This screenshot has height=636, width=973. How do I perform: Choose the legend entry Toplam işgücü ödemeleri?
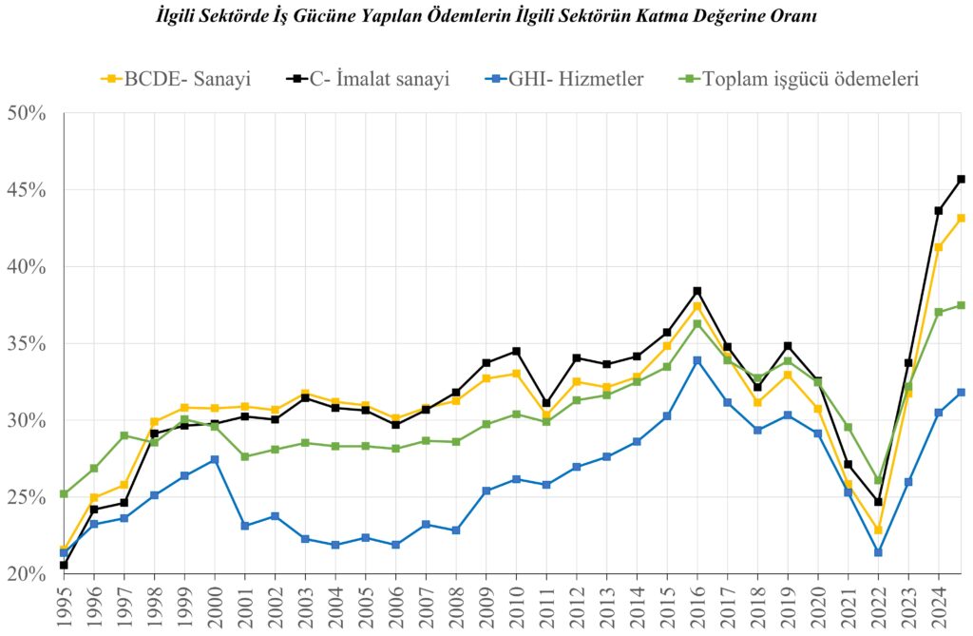[798, 78]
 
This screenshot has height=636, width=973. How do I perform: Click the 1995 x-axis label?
[64, 608]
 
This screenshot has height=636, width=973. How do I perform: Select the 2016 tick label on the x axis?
[697, 608]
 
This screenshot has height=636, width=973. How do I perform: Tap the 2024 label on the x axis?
[939, 608]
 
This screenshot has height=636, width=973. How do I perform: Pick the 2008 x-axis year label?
[456, 608]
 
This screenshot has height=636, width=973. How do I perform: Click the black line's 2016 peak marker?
[697, 291]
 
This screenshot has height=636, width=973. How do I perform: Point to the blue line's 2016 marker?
[697, 360]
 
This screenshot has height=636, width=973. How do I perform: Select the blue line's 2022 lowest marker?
[878, 552]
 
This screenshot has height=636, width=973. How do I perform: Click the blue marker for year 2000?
[215, 460]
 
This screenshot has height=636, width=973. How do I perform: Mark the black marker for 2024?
[939, 210]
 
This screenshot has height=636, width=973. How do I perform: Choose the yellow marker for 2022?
[878, 530]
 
